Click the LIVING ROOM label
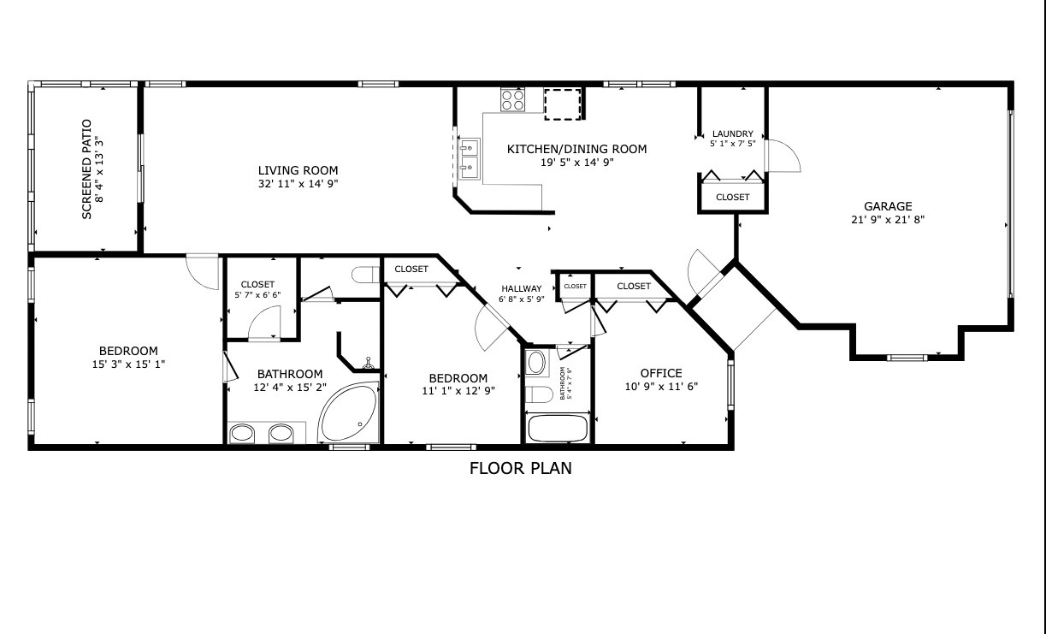click(298, 170)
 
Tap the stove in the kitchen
click(513, 100)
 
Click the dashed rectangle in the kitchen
click(563, 103)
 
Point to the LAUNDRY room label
click(732, 133)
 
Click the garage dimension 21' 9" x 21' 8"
click(887, 219)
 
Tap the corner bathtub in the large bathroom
click(349, 415)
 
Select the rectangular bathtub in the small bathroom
click(558, 427)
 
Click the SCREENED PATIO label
click(86, 169)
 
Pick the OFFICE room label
click(661, 373)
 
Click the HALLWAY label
click(522, 288)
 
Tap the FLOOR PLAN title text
click(520, 468)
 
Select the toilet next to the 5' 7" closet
click(365, 275)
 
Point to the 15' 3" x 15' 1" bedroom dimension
click(128, 364)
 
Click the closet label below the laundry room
click(732, 197)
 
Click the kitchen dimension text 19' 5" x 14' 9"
click(577, 162)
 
